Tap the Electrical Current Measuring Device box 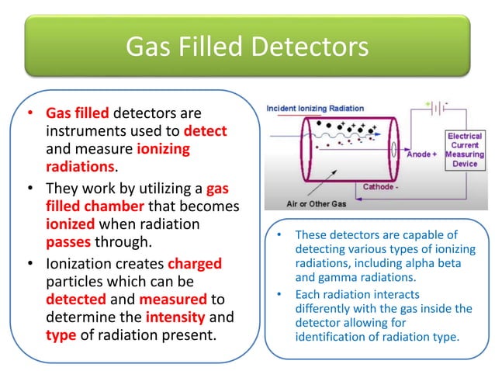465,154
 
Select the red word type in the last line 62,335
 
